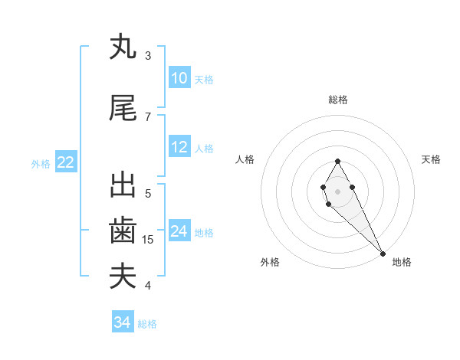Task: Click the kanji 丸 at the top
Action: click(123, 47)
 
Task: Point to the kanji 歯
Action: click(123, 231)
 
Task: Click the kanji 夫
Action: click(123, 277)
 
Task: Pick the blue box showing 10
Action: click(179, 78)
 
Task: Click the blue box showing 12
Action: click(179, 147)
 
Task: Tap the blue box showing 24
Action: click(179, 231)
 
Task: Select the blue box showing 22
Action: click(66, 162)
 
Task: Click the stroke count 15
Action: click(149, 240)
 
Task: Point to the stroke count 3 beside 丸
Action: click(148, 56)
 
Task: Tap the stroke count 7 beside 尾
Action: click(148, 116)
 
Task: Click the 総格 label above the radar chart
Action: click(338, 100)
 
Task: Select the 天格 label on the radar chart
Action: click(432, 159)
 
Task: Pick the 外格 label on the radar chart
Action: click(270, 262)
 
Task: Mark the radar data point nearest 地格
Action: click(383, 253)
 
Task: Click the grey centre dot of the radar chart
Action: click(338, 191)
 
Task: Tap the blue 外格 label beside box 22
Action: click(40, 163)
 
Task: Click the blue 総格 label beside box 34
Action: click(147, 324)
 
